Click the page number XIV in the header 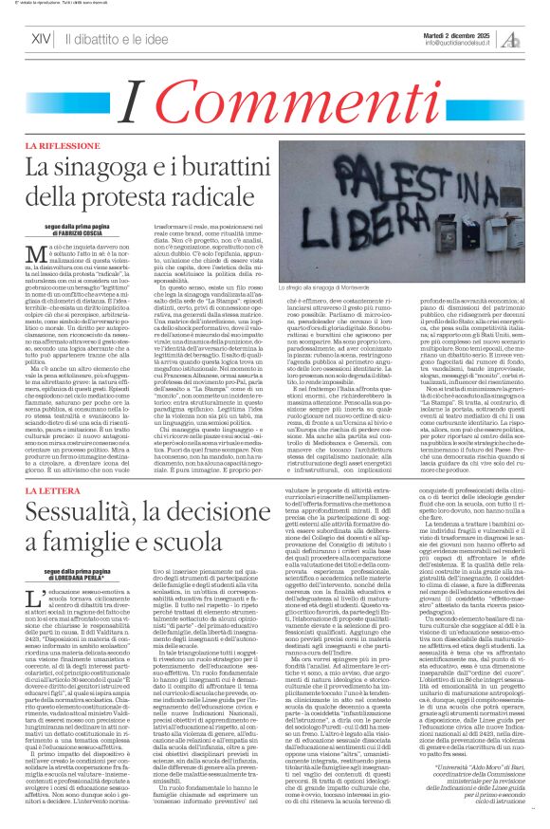(x=39, y=39)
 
